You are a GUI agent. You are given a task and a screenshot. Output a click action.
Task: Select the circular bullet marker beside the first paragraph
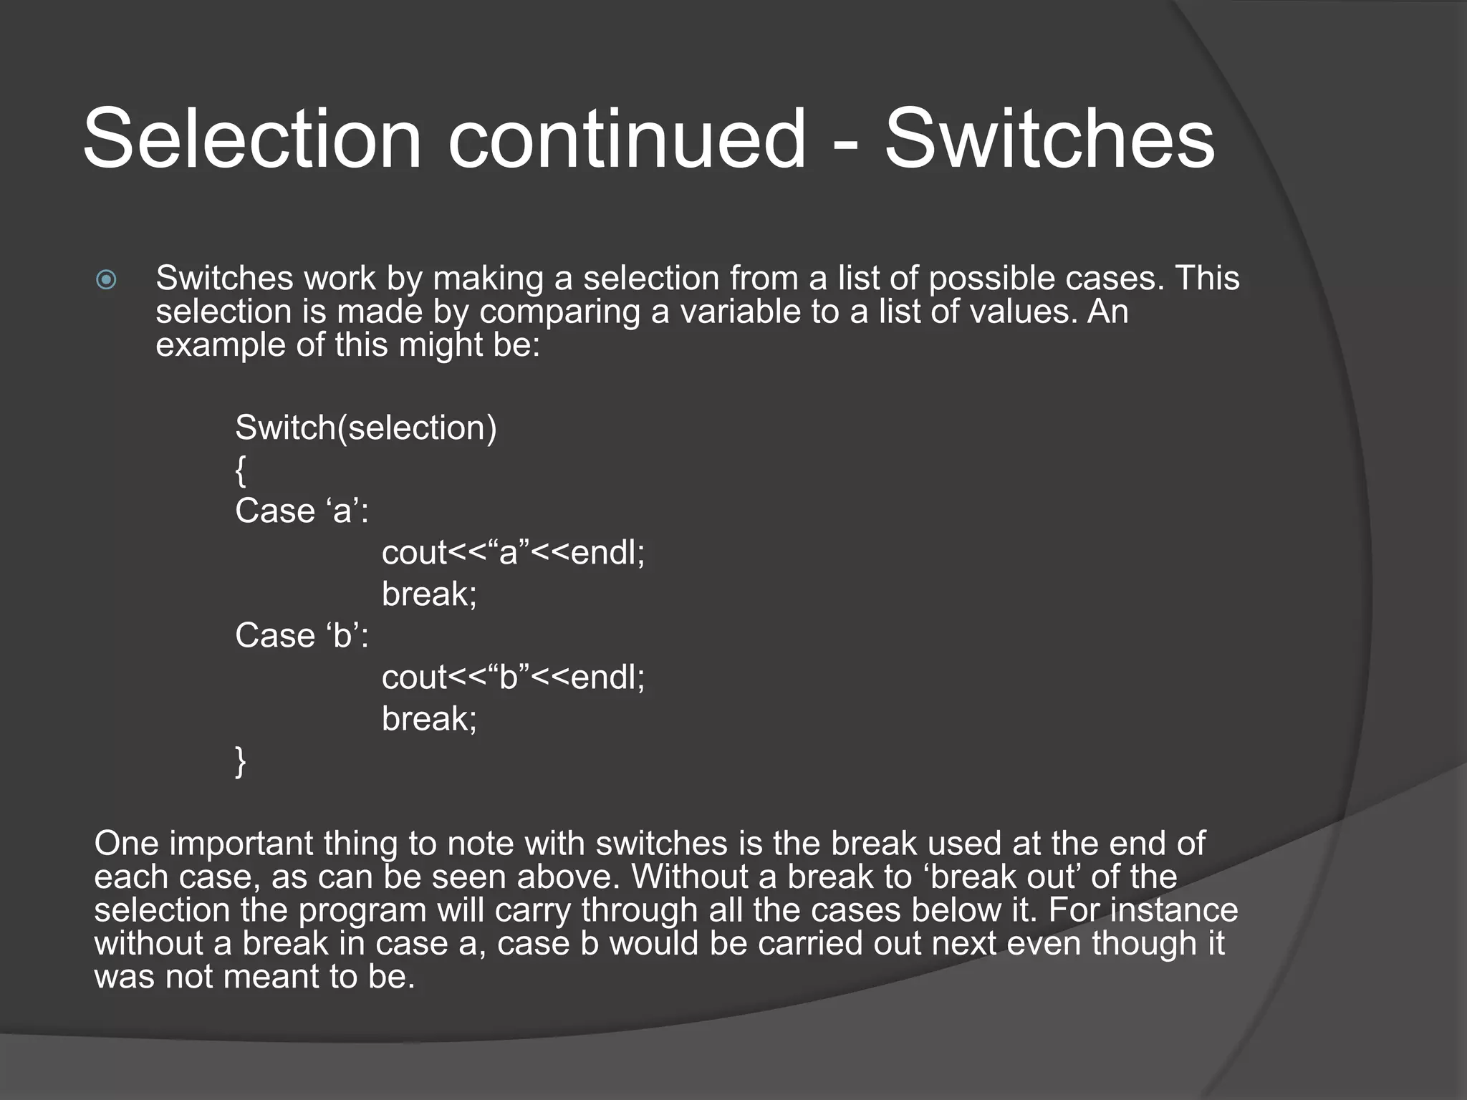click(106, 279)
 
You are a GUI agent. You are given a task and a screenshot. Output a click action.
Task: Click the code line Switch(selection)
click(365, 428)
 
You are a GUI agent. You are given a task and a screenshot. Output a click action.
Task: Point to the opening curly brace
click(241, 470)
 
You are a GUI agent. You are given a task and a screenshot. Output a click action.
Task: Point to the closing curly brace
click(241, 761)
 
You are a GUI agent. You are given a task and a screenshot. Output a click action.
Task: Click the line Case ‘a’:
click(302, 511)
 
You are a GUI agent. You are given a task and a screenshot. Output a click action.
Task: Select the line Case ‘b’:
click(302, 636)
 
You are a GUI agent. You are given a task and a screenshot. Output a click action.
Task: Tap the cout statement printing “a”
click(513, 553)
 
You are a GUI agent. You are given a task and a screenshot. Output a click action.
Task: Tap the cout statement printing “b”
click(513, 677)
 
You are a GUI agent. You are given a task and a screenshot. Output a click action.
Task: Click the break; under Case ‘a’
click(429, 594)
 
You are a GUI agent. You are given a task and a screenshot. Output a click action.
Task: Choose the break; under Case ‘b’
click(429, 719)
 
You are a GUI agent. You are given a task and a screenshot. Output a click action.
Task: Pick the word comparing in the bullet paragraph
click(559, 312)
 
